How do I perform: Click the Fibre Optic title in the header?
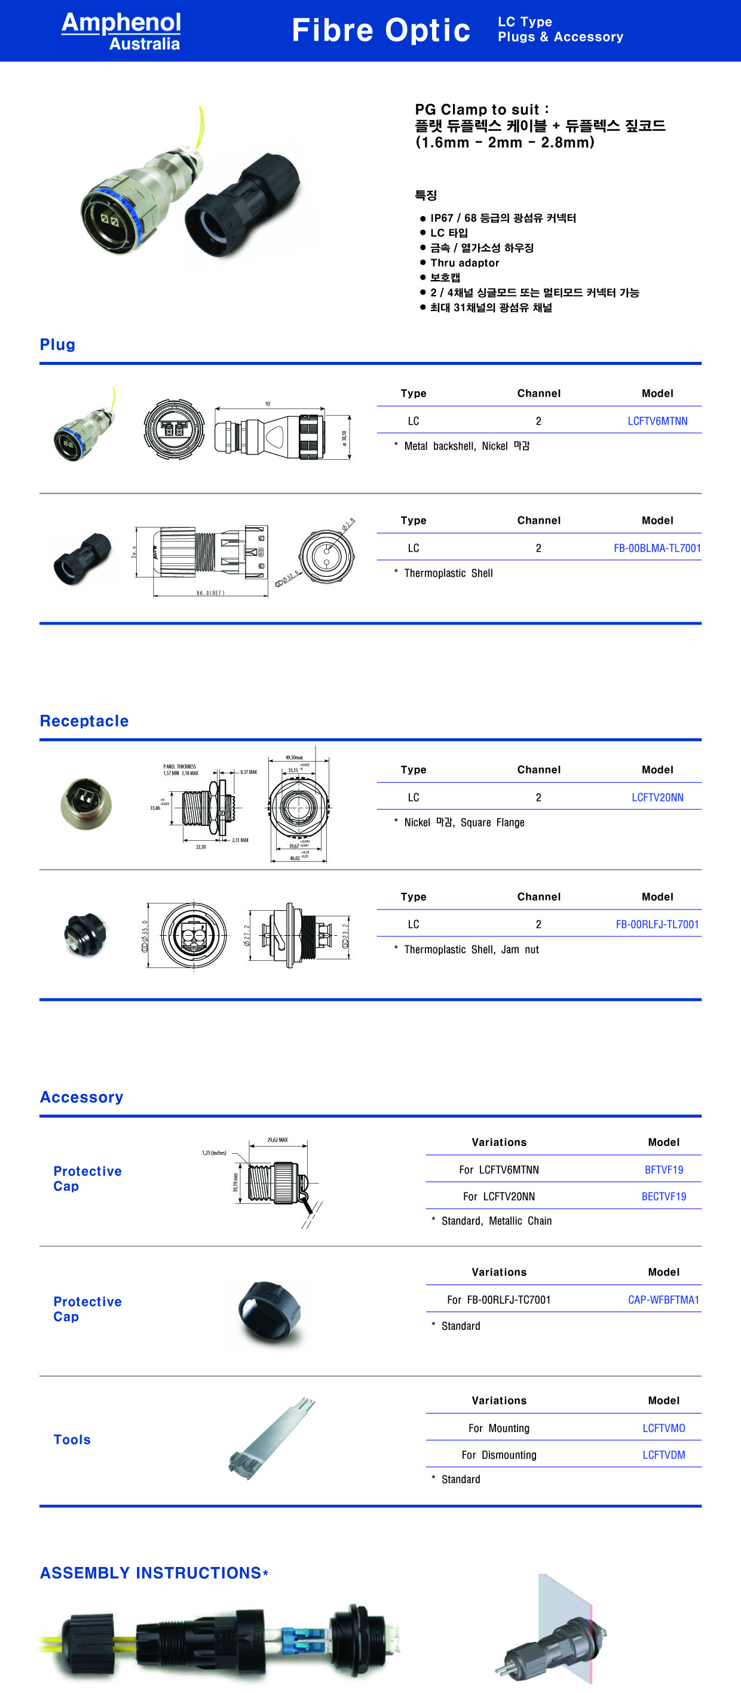(x=381, y=30)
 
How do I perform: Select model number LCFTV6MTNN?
(x=657, y=420)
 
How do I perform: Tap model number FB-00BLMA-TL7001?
(x=657, y=548)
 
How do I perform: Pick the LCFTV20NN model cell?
(x=657, y=797)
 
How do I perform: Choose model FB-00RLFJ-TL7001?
(x=657, y=924)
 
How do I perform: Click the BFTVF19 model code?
(x=663, y=1169)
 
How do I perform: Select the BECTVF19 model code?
(x=663, y=1196)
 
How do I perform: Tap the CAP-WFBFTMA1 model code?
(x=663, y=1299)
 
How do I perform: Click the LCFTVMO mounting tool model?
(x=663, y=1428)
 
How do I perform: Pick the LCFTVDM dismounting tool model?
(x=663, y=1455)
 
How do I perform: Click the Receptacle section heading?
(x=84, y=721)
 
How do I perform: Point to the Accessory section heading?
(x=81, y=1097)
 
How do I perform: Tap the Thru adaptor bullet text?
(x=464, y=263)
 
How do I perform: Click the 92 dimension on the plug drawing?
(x=268, y=404)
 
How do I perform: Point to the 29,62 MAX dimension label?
(x=277, y=1139)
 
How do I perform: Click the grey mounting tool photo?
(x=271, y=1439)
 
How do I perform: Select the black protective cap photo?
(x=270, y=1313)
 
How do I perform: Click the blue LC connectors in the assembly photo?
(x=302, y=1641)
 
